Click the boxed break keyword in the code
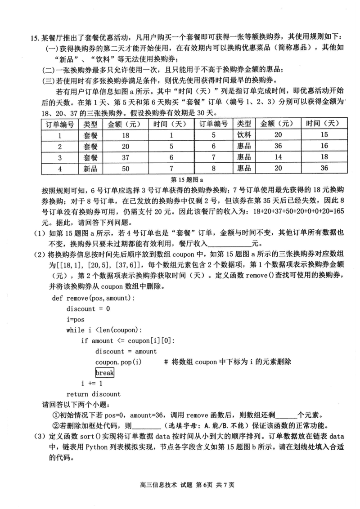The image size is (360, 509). coord(104,373)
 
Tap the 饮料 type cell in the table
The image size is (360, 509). coord(244,134)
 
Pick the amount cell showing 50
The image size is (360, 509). coord(125,168)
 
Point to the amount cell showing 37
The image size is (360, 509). coord(125,157)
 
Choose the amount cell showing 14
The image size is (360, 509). coord(279,157)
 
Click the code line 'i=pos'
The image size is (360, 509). coord(75,319)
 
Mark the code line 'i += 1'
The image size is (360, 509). coord(92,384)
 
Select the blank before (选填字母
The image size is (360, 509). coord(148,426)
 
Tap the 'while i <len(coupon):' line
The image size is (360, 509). coord(104,330)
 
